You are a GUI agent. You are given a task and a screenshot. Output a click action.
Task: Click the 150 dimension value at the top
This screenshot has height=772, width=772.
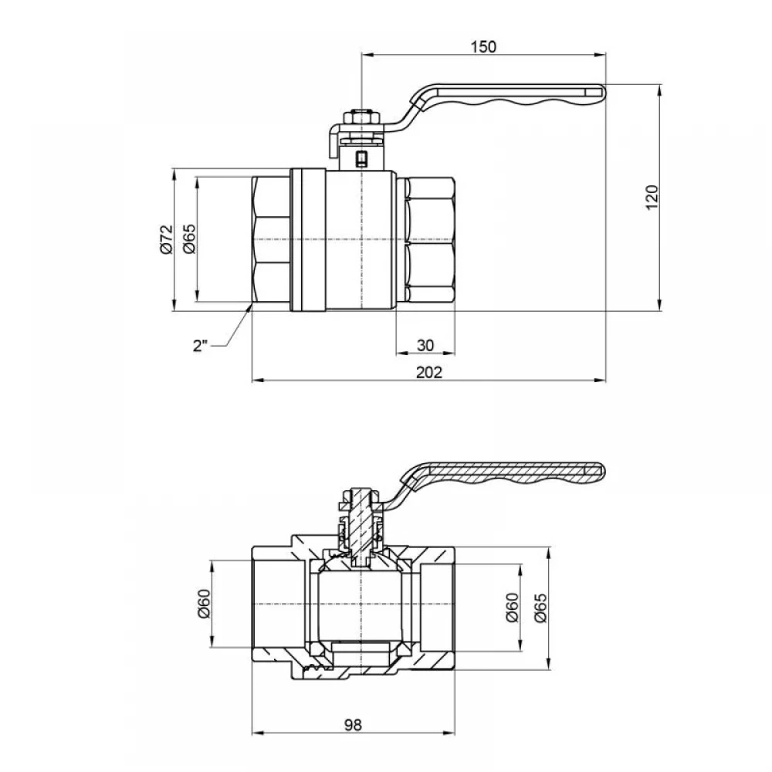click(x=484, y=47)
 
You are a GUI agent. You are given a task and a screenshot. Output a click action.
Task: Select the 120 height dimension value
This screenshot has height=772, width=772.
click(x=652, y=198)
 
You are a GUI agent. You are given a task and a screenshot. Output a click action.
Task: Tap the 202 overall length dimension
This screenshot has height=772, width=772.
click(x=429, y=372)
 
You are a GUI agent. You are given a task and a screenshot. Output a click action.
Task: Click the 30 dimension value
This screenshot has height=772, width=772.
click(x=425, y=345)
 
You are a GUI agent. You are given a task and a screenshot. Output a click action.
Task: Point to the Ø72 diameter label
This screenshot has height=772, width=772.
click(x=167, y=239)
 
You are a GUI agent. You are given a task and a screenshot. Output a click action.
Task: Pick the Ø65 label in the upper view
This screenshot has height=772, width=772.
click(x=190, y=239)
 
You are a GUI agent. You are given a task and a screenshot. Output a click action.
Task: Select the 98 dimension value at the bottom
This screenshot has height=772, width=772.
click(x=354, y=725)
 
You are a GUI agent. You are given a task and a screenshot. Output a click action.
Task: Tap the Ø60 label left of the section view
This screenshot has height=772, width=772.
click(x=204, y=604)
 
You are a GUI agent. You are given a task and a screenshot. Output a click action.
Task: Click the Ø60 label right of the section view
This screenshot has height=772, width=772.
click(x=512, y=608)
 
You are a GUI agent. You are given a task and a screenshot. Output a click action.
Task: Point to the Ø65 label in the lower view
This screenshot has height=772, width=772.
click(x=540, y=608)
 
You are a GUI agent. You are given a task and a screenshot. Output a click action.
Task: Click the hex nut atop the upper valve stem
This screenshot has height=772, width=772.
click(x=361, y=118)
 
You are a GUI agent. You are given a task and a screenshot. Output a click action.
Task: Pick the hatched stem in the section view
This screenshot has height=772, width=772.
click(x=361, y=527)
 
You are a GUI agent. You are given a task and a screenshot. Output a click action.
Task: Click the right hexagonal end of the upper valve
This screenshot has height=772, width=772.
click(x=427, y=239)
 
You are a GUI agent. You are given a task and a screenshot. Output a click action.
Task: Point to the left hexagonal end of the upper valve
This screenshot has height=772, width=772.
click(x=271, y=239)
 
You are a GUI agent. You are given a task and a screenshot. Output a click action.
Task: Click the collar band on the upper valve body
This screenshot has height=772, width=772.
click(x=308, y=240)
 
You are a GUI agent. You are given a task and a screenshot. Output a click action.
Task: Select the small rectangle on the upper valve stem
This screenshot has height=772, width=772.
click(x=361, y=158)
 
